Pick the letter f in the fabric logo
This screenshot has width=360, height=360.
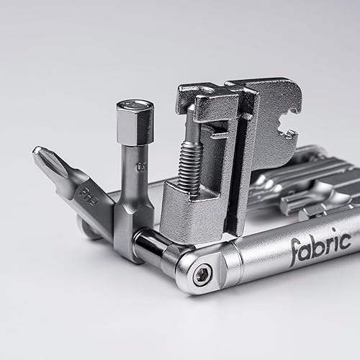294,252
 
